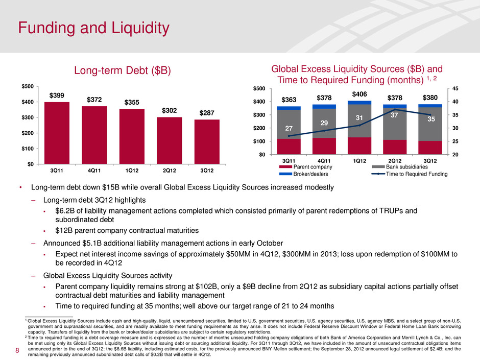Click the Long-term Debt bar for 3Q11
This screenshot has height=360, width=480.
57,133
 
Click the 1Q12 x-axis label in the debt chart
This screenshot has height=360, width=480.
132,170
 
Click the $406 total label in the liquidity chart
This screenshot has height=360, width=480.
359,93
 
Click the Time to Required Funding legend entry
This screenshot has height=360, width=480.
418,174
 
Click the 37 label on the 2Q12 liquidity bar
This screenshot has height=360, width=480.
394,116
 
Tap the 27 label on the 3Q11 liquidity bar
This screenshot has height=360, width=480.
289,129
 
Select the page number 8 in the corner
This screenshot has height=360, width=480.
17,351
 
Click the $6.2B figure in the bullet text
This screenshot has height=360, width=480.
65,210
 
